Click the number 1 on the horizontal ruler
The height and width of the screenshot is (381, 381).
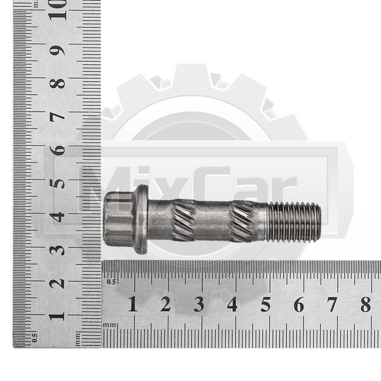click(133, 304)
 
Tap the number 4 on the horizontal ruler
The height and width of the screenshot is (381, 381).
click(232, 304)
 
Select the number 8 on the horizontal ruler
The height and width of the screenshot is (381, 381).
click(366, 304)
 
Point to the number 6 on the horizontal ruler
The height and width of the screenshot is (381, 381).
click(299, 304)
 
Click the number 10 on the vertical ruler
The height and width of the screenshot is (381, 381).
click(57, 10)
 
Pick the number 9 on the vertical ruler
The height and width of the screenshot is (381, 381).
click(57, 51)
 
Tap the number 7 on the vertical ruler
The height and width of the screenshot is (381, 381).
click(57, 117)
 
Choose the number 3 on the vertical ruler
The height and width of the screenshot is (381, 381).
click(57, 250)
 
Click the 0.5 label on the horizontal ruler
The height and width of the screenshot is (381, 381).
click(111, 282)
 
